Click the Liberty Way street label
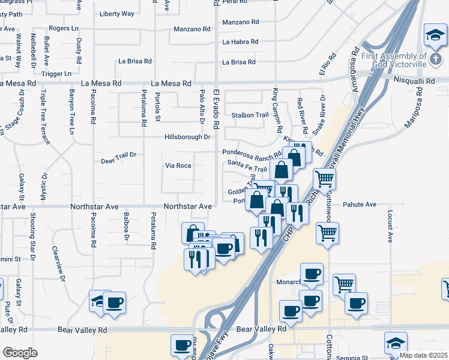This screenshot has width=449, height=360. coord(117,13)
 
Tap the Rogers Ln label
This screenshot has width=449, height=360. coord(64,28)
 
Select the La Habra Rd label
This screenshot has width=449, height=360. coord(240,42)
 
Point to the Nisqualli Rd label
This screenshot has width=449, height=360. coord(414,79)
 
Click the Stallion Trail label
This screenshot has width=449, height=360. coord(250,115)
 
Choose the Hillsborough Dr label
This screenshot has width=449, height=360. coord(187,137)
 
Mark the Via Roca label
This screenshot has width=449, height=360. coord(178,166)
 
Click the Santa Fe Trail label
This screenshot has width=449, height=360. coord(247,169)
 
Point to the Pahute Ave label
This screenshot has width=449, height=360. coord(360,205)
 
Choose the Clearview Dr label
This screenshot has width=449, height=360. coord(58,260)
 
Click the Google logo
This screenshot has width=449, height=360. coord(20,353)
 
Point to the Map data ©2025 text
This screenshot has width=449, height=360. coord(424,355)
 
